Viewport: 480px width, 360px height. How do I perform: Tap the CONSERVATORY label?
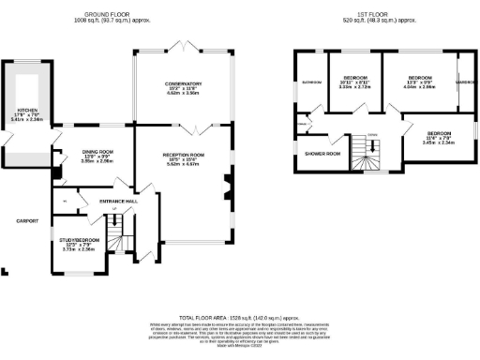[x=185, y=84]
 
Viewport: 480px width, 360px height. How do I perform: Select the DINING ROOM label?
[x=98, y=151]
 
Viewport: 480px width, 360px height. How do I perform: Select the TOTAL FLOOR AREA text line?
[x=241, y=318]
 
